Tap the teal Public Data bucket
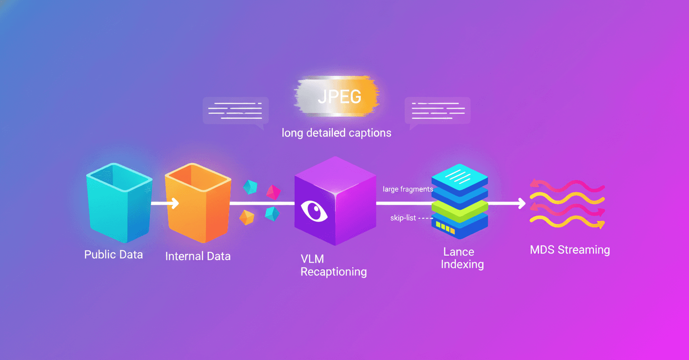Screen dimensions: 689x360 119,202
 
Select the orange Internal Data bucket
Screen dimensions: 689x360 198,202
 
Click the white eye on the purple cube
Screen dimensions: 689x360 314,211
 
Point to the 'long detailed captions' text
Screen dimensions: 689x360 337,133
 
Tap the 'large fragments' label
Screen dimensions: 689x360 408,189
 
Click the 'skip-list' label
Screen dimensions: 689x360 403,218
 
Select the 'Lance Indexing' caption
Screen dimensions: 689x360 462,258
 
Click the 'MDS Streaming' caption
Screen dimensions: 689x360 570,249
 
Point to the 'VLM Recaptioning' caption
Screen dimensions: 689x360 333,265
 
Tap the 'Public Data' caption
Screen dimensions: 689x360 114,254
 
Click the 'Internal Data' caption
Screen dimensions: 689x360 198,256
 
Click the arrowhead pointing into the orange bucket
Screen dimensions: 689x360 175,203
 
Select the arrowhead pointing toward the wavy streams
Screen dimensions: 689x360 522,203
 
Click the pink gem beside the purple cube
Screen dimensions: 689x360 274,192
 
